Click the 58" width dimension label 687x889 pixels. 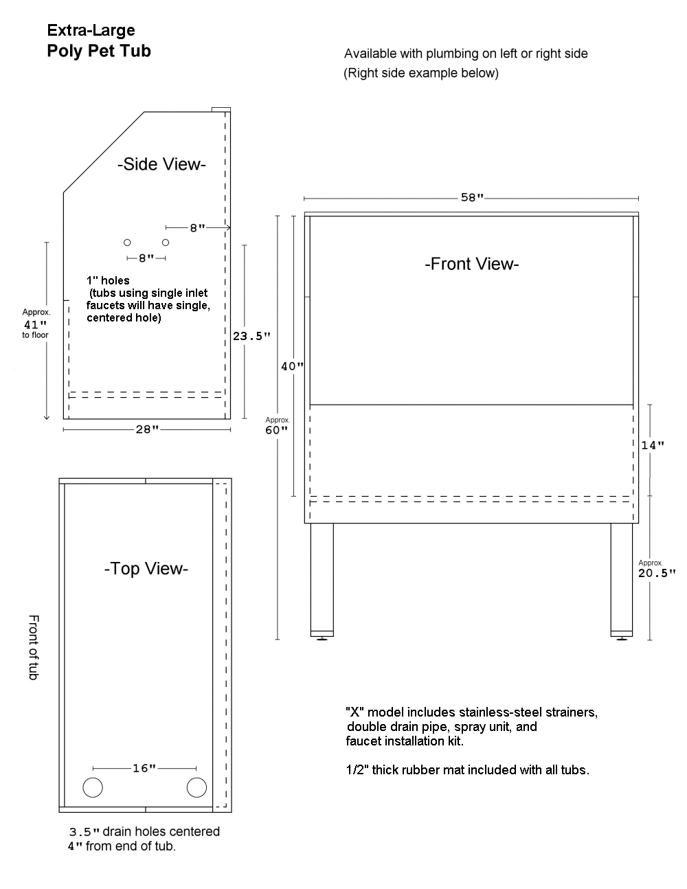473,198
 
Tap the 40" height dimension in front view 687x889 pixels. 293,366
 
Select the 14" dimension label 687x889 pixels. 652,445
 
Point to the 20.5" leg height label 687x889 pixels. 657,573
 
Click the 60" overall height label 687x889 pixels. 276,430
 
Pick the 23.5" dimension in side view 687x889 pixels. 251,336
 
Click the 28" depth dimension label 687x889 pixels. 147,429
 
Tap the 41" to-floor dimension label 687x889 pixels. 36,325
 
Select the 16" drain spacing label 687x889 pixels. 144,768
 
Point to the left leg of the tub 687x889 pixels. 322,580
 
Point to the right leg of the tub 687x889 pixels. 622,580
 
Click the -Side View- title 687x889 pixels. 161,164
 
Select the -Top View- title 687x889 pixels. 146,569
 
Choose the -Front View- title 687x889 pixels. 472,264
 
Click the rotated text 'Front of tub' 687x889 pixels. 34,647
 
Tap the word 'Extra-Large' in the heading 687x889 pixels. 91,31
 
